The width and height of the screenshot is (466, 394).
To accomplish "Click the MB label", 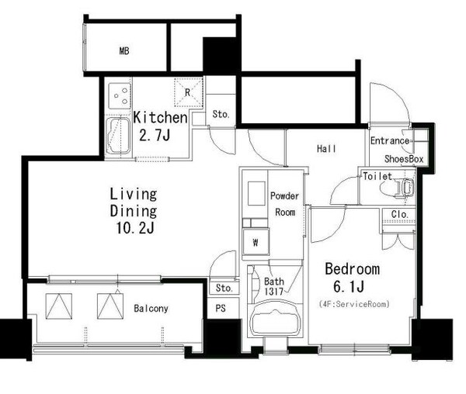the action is (124, 51).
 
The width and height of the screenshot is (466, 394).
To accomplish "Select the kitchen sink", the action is (118, 136).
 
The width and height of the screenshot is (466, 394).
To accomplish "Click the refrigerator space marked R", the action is (189, 92).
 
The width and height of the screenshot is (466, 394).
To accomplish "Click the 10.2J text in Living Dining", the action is (135, 229).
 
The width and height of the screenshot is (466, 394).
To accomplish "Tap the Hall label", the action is (326, 148).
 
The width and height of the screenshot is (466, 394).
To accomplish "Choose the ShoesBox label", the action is (404, 159).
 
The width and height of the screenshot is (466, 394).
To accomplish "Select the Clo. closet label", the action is (399, 214).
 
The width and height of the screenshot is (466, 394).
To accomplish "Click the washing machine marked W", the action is (256, 242).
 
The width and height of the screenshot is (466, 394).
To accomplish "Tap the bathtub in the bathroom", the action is (275, 318).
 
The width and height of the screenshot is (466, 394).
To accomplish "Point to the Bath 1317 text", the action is (274, 286).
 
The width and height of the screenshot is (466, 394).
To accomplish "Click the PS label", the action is (221, 309).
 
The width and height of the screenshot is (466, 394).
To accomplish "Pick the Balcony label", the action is (151, 309).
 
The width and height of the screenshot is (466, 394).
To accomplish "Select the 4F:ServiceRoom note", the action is (354, 304).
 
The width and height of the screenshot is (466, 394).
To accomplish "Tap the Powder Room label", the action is (285, 204).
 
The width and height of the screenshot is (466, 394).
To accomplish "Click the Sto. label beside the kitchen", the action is (221, 114).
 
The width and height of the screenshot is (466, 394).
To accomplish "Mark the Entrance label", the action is (390, 140).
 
